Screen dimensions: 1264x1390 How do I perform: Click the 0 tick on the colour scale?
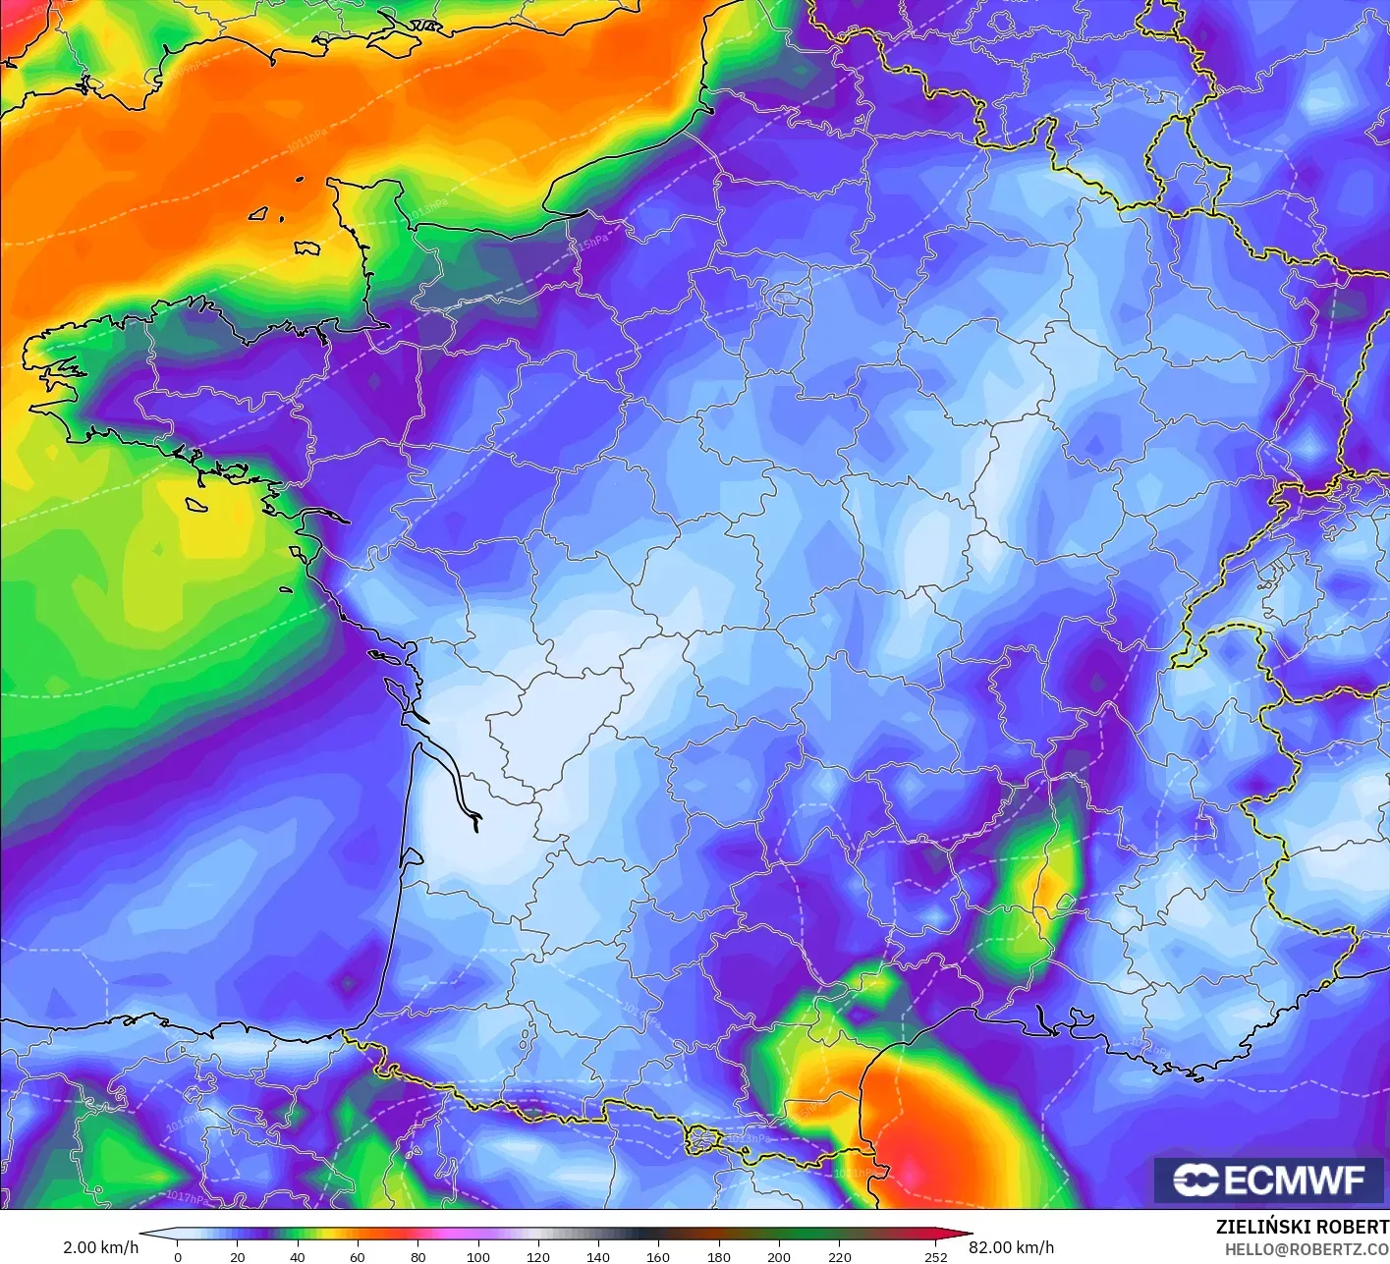coord(178,1256)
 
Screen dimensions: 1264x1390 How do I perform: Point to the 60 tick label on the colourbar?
coord(358,1256)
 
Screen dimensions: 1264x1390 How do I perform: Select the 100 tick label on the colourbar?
coord(478,1256)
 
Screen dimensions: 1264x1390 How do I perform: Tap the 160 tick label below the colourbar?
coord(658,1256)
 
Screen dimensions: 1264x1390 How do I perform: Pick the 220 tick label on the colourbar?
coord(840,1256)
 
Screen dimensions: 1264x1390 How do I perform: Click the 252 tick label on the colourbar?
coord(935,1256)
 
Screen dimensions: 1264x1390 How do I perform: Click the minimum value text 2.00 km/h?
coord(100,1247)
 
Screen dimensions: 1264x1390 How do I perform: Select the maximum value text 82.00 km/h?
coord(1012,1247)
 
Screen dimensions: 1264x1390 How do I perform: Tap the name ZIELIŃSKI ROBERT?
coord(1302,1227)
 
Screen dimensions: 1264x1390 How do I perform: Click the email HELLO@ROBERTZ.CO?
coord(1307,1250)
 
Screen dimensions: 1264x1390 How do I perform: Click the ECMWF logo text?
coord(1295,1180)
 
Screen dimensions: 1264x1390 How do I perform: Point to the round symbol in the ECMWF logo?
coord(1195,1180)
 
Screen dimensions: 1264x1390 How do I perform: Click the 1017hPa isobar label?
coord(187,1196)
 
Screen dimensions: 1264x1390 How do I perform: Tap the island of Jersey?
coord(307,248)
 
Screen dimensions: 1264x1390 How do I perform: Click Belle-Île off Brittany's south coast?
coord(196,504)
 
